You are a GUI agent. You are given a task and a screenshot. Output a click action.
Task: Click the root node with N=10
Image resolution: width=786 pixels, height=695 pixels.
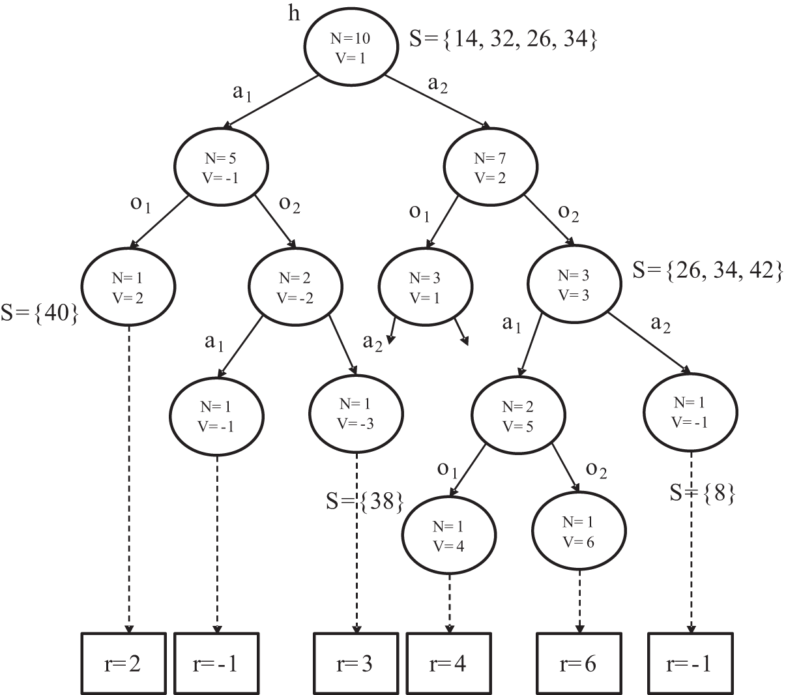(351, 47)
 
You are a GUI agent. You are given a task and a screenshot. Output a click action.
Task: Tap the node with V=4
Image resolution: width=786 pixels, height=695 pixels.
(447, 535)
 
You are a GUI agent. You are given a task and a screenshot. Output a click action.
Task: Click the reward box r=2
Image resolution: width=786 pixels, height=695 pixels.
(123, 663)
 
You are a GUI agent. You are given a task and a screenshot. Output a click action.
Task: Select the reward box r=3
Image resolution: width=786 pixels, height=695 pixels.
(356, 663)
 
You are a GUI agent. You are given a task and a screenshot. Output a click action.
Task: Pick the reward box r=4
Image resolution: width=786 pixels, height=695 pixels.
(448, 663)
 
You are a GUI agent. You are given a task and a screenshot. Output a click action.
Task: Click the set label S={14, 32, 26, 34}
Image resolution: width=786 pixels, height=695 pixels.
(502, 40)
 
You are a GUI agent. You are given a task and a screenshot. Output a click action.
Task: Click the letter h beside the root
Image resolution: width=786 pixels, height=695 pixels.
(295, 14)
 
